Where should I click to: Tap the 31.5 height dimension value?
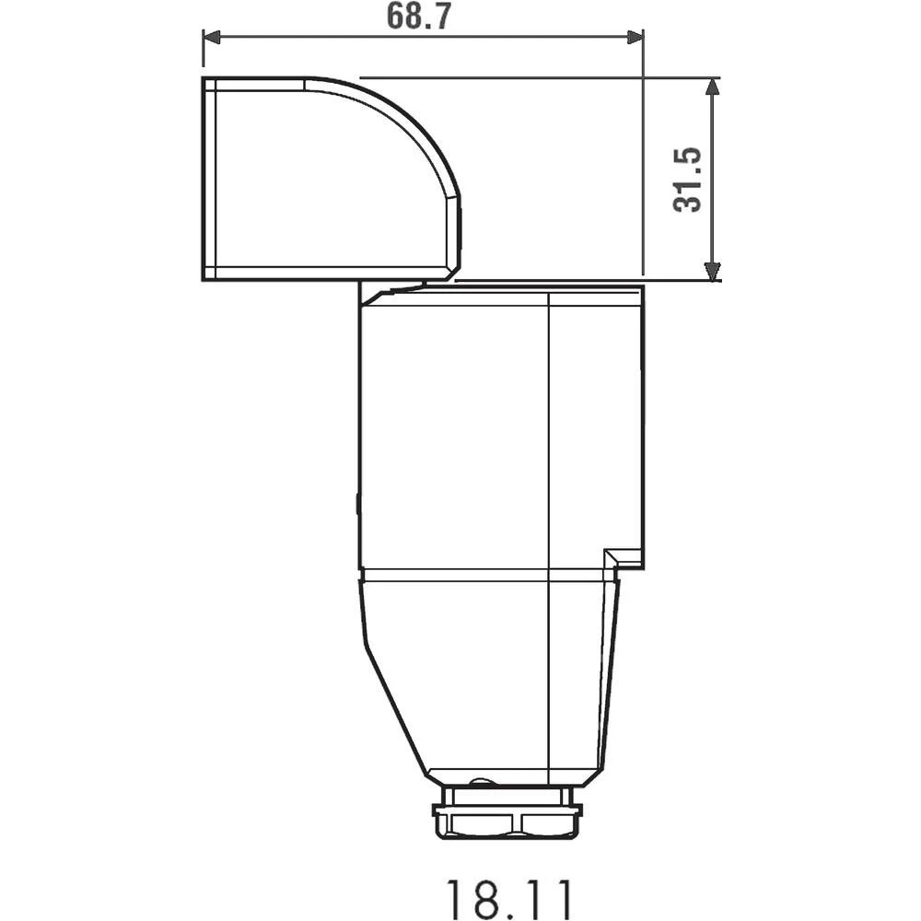688,179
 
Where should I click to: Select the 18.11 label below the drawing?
509,897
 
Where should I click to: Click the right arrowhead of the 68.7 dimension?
635,37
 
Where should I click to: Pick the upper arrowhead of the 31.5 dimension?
711,88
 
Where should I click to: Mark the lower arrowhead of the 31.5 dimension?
711,270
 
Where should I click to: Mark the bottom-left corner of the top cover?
204,277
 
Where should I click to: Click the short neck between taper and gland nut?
507,795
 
